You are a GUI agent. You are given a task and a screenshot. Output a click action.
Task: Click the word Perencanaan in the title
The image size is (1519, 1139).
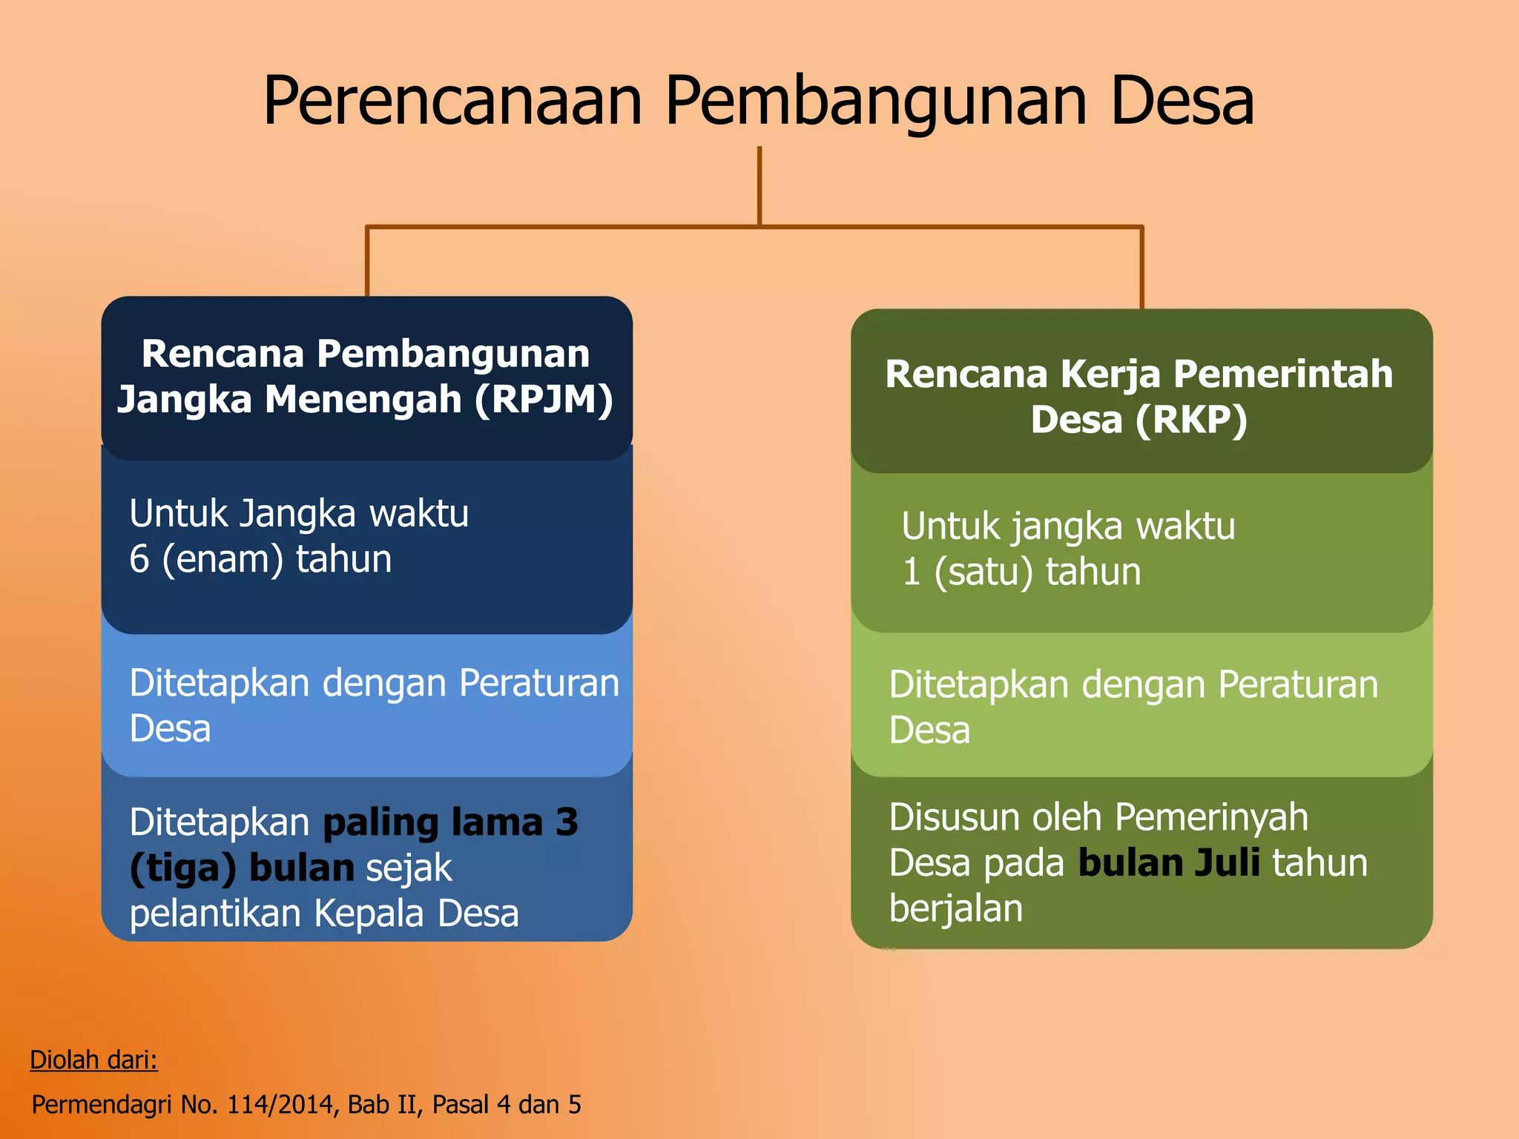coord(452,102)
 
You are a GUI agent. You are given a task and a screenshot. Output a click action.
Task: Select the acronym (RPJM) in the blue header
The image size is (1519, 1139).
coord(544,400)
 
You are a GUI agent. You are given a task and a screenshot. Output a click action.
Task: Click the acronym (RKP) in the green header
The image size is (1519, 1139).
coord(1191,420)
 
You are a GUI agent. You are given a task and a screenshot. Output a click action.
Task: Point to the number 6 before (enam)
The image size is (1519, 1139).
coord(139,559)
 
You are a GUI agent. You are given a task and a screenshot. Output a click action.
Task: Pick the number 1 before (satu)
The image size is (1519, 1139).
coord(912,572)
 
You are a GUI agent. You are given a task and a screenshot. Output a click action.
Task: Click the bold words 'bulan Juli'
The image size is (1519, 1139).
coord(1169,863)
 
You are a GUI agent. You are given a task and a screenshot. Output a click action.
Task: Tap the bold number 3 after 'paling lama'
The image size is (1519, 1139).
coord(567,822)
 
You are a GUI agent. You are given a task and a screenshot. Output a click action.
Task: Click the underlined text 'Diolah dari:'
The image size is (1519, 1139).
coord(93,1060)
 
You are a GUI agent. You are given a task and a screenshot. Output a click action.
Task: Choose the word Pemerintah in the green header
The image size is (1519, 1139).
coord(1283,374)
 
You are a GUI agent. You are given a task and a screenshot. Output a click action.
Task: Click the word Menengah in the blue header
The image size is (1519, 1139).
coord(363,400)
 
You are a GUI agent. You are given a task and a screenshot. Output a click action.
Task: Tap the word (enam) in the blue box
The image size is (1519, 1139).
coord(223,560)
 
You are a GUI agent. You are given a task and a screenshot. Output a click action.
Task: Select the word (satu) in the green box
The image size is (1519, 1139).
coord(983,572)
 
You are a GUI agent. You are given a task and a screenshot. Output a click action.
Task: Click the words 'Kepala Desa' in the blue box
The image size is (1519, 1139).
coord(416,914)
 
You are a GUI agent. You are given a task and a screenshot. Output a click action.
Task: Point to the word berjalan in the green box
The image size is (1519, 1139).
coord(956,908)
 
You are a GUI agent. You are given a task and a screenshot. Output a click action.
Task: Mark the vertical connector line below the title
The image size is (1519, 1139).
coord(759,185)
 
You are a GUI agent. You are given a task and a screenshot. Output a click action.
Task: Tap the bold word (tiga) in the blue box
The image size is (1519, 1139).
coord(183,868)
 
